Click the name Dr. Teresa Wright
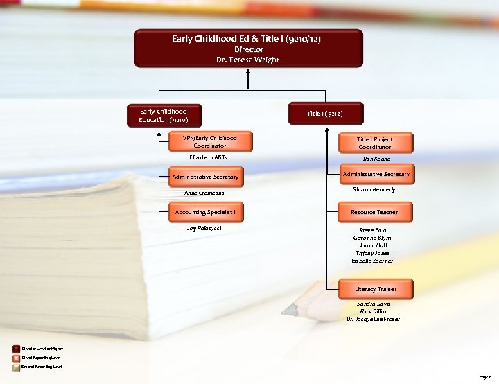247,60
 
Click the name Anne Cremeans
204,193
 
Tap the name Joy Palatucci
204,227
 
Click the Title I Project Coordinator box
375,143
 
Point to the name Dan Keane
376,159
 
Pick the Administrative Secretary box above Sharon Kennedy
375,174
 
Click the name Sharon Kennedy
374,189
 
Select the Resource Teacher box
375,212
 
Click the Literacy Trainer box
375,288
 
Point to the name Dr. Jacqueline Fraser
374,319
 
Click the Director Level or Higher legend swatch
16,349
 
